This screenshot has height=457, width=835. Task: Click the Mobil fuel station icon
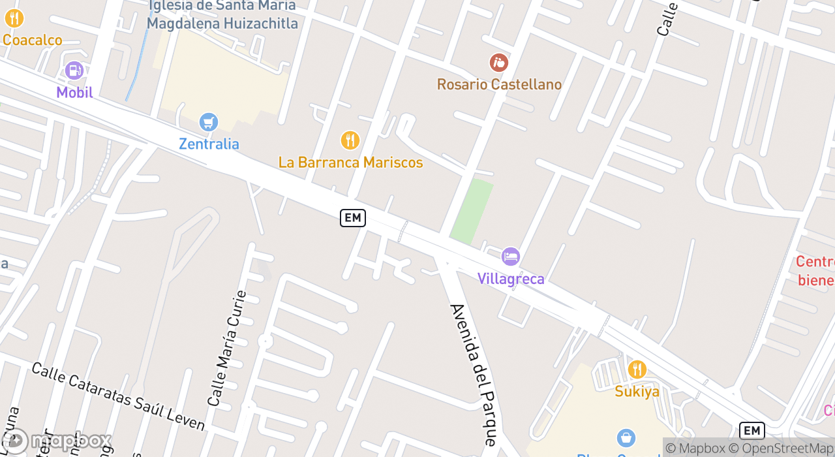click(x=74, y=70)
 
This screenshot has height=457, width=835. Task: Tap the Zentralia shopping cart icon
click(x=208, y=122)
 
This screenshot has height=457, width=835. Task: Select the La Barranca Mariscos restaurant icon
click(x=350, y=140)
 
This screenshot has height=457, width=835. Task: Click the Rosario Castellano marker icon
click(x=498, y=63)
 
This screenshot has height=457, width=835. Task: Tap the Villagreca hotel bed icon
click(x=510, y=257)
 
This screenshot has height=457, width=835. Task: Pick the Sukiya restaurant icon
click(x=637, y=370)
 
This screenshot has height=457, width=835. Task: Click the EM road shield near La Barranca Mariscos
click(x=353, y=218)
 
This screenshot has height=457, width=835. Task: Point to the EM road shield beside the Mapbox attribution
click(x=751, y=431)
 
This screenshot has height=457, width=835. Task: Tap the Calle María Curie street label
click(x=227, y=348)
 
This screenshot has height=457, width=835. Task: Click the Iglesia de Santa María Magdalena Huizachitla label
click(x=222, y=15)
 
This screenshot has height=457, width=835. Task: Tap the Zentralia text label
click(x=209, y=144)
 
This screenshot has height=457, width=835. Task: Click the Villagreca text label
click(x=511, y=279)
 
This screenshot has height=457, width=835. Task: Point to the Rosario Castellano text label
click(x=499, y=84)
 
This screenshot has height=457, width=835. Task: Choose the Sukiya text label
click(x=637, y=392)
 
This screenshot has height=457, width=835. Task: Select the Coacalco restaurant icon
click(x=14, y=18)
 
